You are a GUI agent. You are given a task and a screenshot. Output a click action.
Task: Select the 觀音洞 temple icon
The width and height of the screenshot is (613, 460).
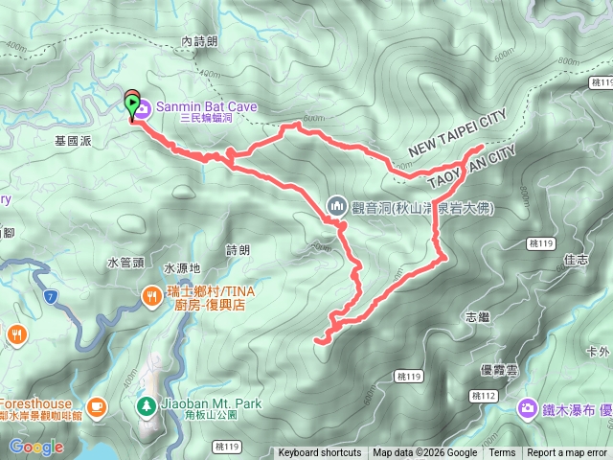[336, 205]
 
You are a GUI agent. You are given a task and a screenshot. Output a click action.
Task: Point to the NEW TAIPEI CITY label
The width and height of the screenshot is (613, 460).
[456, 136]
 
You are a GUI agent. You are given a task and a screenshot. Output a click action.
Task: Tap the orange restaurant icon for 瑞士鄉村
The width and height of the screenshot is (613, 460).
[152, 297]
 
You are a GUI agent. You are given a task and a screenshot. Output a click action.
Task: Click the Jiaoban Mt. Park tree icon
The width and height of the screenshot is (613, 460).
[146, 405]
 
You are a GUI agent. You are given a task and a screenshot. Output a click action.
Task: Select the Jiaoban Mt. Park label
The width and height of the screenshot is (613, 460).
[211, 404]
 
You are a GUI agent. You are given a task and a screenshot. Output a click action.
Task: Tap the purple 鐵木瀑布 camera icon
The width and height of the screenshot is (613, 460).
[528, 409]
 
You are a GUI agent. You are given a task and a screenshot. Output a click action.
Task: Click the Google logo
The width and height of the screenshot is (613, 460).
[36, 447]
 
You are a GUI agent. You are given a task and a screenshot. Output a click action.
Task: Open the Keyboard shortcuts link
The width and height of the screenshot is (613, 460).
[320, 453]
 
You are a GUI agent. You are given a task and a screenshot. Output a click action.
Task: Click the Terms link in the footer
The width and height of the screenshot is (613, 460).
[502, 453]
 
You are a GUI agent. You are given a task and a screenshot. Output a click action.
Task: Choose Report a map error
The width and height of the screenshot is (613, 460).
[568, 453]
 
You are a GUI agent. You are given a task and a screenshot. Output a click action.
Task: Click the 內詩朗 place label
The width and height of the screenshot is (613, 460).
[199, 41]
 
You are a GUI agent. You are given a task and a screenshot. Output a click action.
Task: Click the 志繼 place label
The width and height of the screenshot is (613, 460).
[476, 316]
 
